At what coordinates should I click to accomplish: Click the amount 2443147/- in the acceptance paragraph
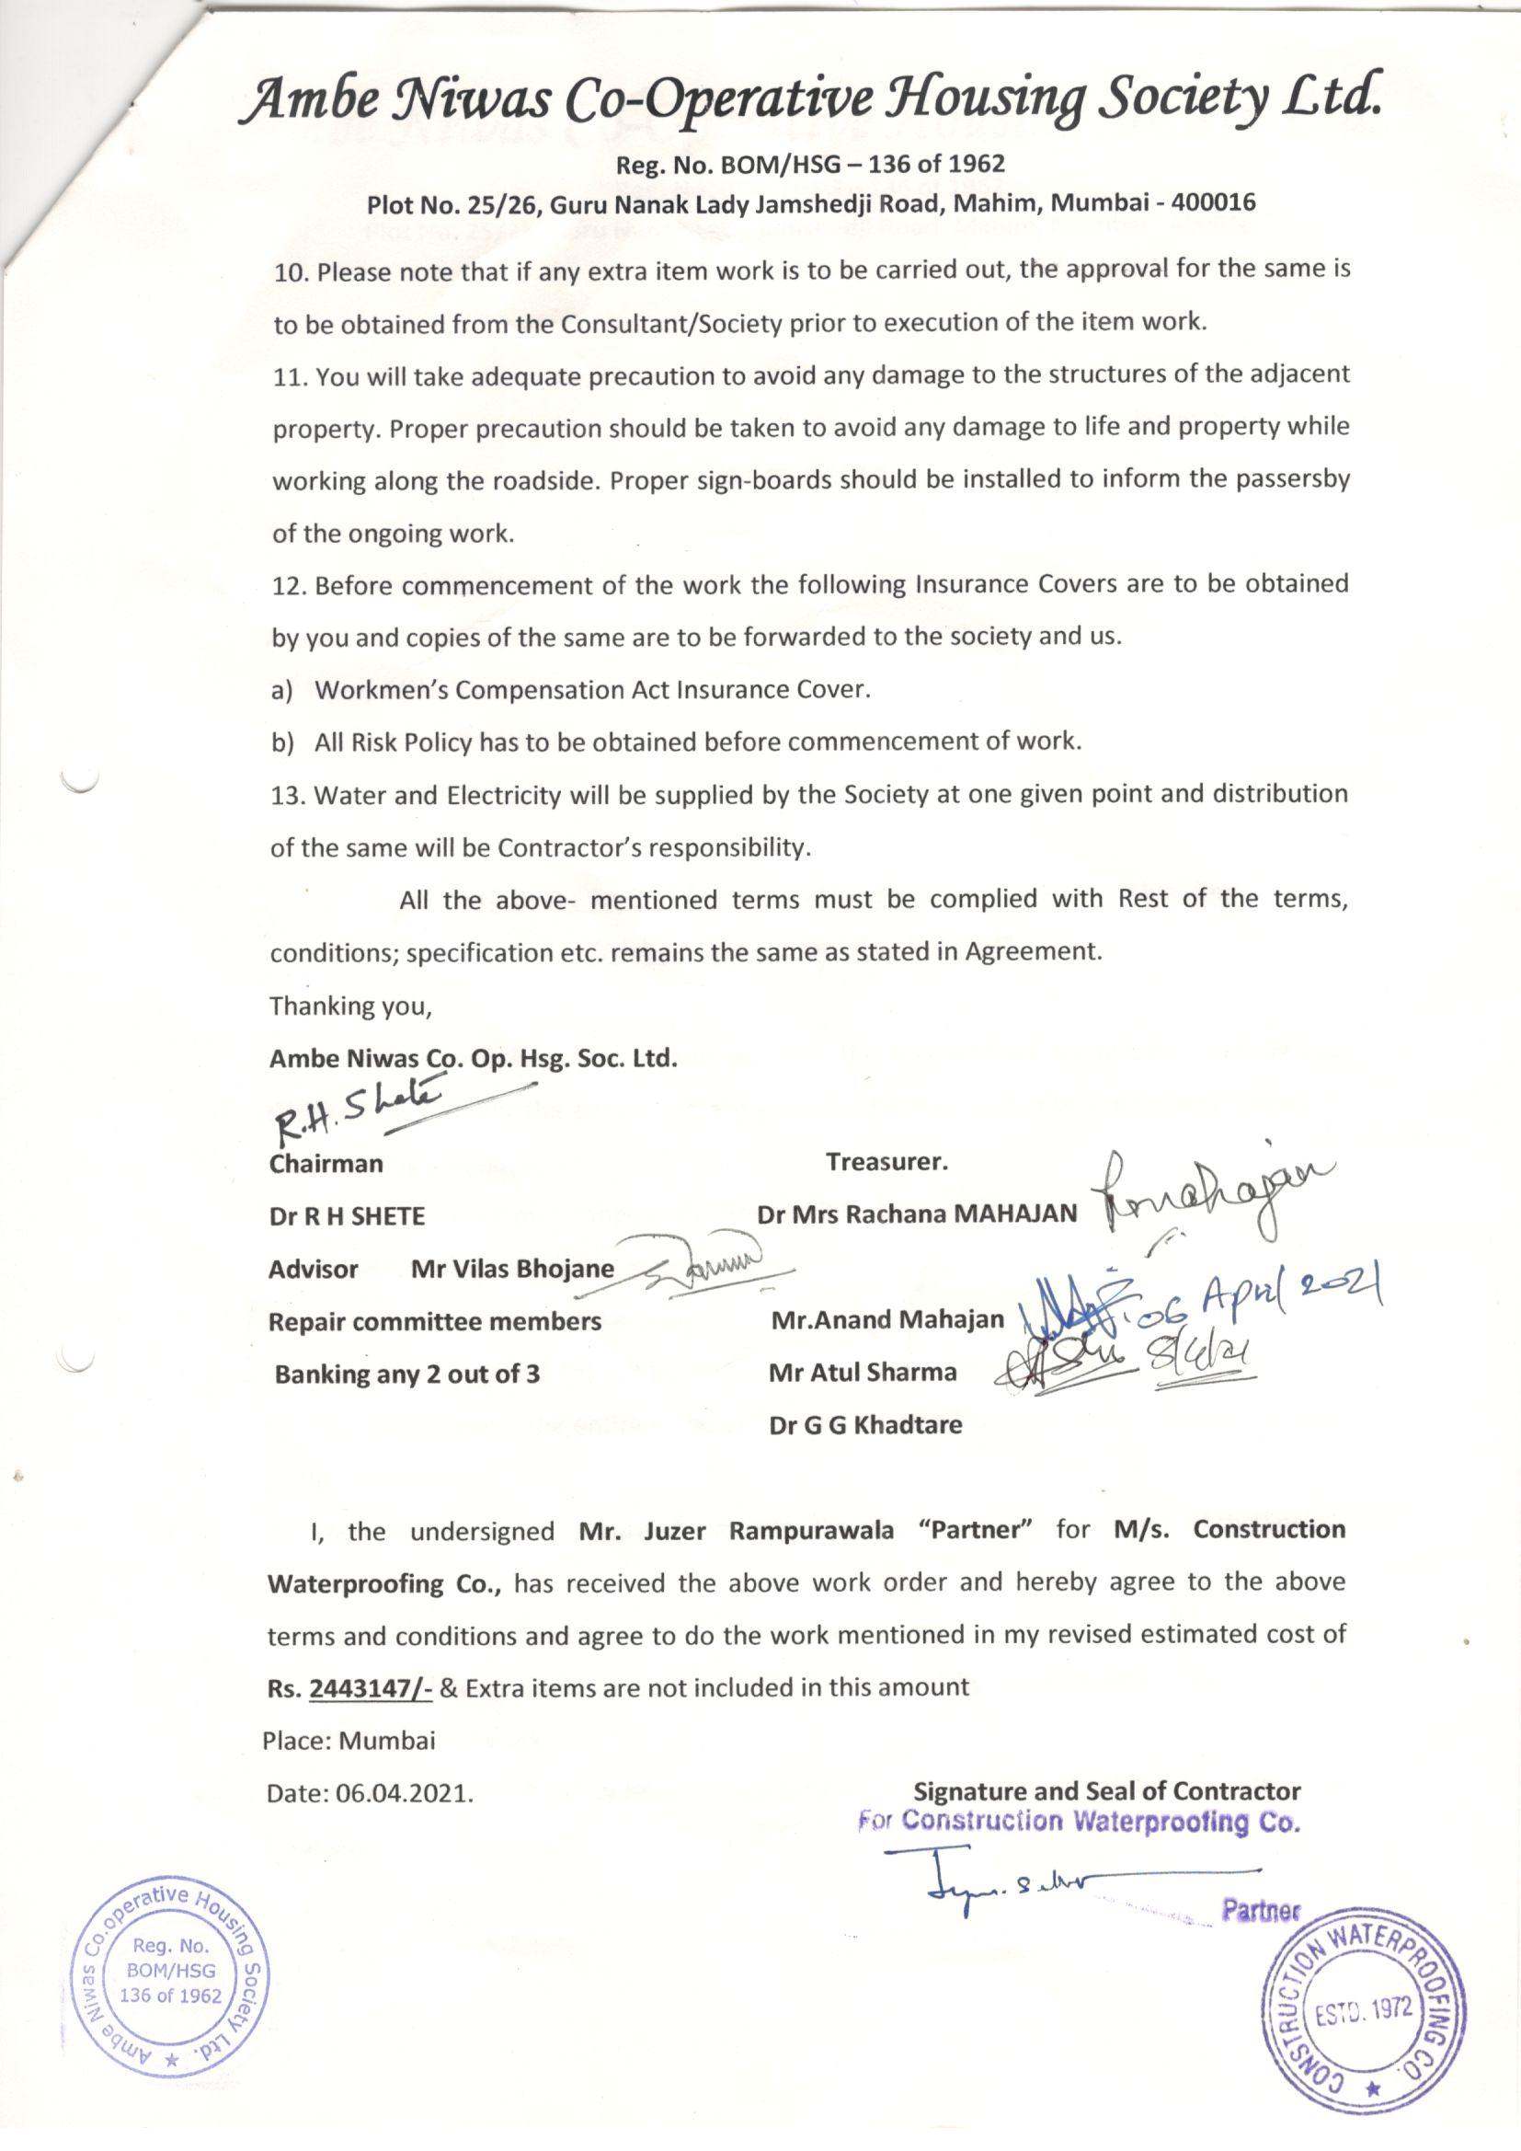(x=369, y=1688)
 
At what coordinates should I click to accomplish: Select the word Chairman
(x=326, y=1164)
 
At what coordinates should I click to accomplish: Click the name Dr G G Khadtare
(x=865, y=1425)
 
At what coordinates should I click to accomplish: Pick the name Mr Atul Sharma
(x=863, y=1373)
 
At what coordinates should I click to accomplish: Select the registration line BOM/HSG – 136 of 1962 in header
(x=809, y=165)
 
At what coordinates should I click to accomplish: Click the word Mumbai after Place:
(x=387, y=1741)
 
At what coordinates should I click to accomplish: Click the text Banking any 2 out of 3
(x=406, y=1375)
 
